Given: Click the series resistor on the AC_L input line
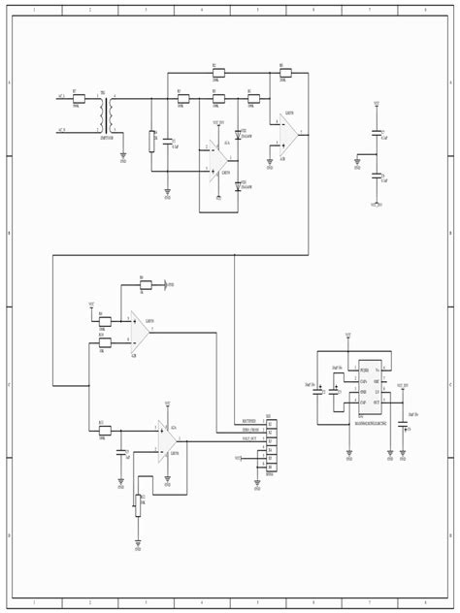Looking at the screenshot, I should (79, 98).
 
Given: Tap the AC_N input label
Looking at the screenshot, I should (61, 129).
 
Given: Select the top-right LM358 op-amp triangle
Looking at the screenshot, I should (288, 134).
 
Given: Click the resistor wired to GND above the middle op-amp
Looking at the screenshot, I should (144, 284).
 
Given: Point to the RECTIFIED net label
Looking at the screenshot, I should (250, 422).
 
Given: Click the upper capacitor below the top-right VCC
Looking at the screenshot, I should (377, 135).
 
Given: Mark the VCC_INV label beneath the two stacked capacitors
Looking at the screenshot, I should (377, 205).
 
